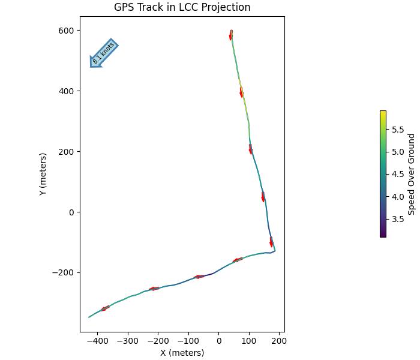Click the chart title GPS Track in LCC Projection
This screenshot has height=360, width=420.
coord(182,7)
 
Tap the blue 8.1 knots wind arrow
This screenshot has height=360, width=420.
coord(103,53)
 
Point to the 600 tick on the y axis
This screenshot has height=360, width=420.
coord(67,31)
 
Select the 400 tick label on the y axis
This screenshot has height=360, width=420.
coord(67,91)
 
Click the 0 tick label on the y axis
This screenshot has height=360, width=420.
coord(71,212)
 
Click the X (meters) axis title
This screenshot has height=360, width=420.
coord(182,353)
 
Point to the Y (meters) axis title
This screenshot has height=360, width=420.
coord(43,175)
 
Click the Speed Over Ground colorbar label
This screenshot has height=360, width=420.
coord(411,174)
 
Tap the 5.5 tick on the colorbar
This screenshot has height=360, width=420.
coord(398,129)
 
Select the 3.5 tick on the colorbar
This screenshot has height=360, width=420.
coord(398,219)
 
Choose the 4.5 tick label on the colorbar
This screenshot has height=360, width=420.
coord(398,174)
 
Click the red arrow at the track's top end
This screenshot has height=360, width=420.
coord(231,35)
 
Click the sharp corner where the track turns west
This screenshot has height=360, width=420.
coord(274,251)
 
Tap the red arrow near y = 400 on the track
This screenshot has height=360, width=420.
coord(241,92)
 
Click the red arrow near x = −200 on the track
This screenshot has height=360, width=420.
coord(154,289)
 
